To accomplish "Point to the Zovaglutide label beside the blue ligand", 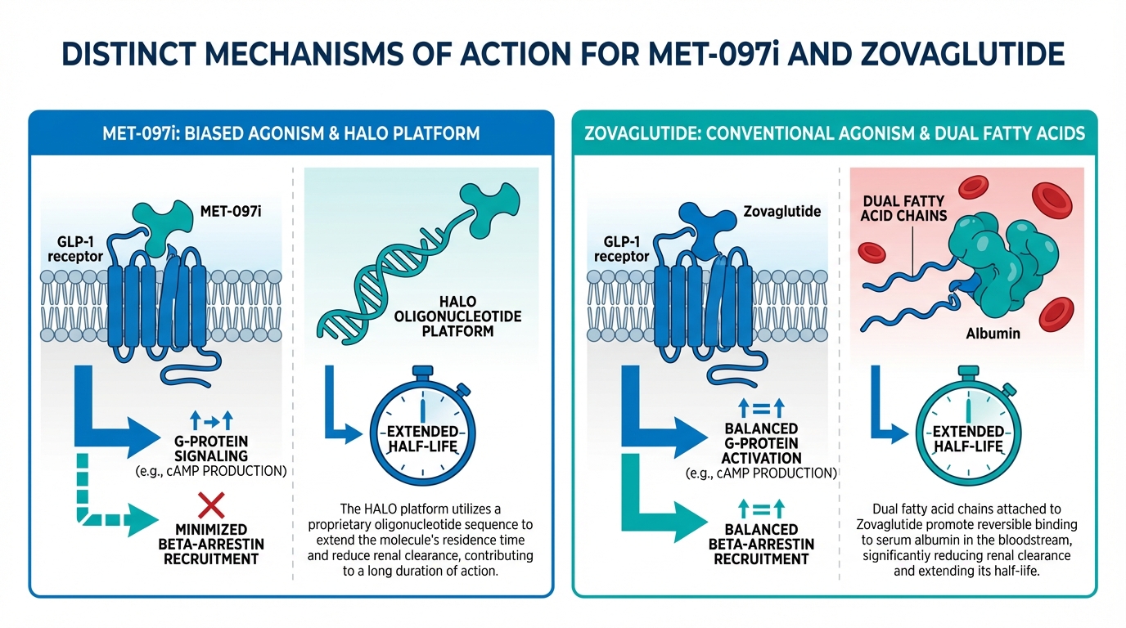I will [781, 212].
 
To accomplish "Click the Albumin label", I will [987, 334].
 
